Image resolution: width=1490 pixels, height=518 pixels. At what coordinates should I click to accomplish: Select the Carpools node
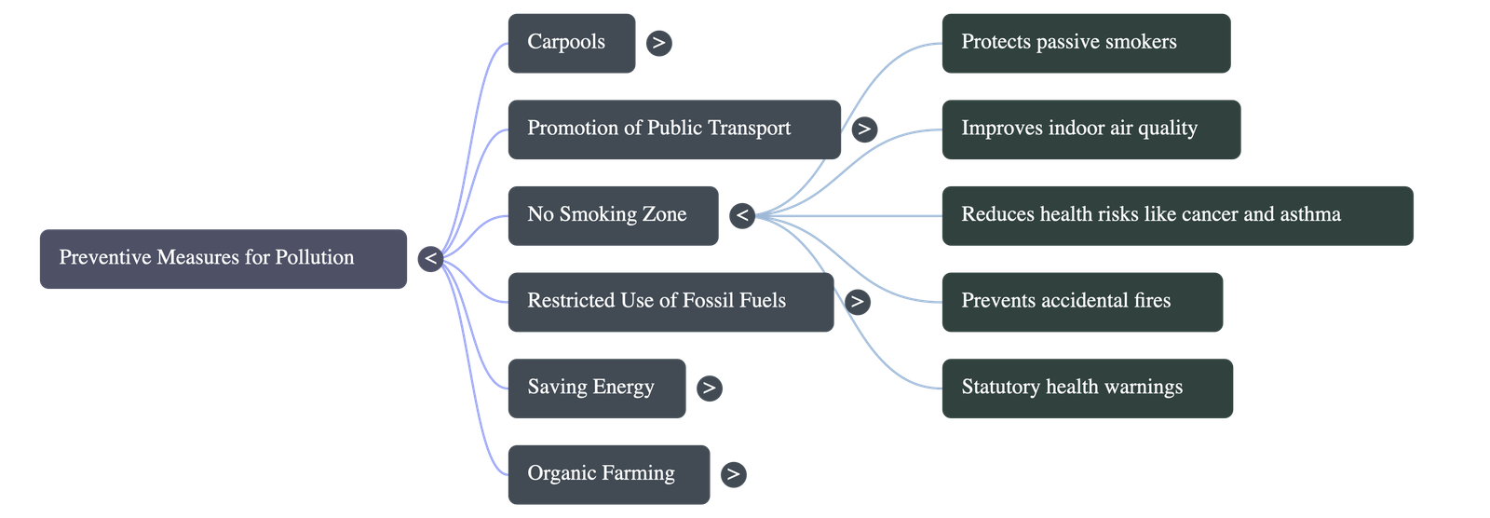pyautogui.click(x=571, y=43)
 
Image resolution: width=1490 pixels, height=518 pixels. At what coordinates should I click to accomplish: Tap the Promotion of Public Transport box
pyautogui.click(x=673, y=129)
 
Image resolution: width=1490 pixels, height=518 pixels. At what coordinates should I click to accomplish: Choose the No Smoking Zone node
pyautogui.click(x=612, y=215)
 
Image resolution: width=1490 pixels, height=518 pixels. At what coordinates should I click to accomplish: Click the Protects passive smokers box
pyautogui.click(x=1085, y=43)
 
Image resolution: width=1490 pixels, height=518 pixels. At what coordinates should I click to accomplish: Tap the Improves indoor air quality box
pyautogui.click(x=1090, y=129)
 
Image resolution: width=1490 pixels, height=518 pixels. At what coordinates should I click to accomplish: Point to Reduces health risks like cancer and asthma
pyautogui.click(x=1177, y=215)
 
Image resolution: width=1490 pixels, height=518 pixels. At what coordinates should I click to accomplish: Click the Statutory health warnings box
pyautogui.click(x=1087, y=388)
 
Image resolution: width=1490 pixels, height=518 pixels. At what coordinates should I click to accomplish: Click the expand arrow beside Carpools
pyautogui.click(x=658, y=43)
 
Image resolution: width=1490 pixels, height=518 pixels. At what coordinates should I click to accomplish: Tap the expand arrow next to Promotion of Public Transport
pyautogui.click(x=864, y=129)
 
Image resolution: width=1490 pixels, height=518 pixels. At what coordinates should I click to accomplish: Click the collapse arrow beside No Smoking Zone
pyautogui.click(x=741, y=216)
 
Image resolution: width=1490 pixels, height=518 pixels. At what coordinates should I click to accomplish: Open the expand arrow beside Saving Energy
pyautogui.click(x=709, y=388)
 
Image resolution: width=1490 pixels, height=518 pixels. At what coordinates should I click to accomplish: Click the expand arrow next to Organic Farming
pyautogui.click(x=733, y=474)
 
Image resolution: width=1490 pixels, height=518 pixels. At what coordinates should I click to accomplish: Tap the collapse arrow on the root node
pyautogui.click(x=430, y=258)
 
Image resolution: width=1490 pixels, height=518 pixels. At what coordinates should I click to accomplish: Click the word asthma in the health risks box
pyautogui.click(x=1310, y=215)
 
